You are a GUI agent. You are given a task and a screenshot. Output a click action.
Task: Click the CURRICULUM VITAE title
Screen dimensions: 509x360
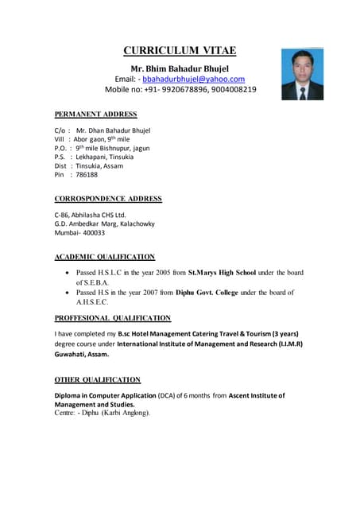click(180, 51)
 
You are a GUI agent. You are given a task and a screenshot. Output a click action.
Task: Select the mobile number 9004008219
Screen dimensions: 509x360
click(230, 90)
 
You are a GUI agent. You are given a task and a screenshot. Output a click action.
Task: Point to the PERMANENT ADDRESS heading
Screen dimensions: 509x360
click(95, 115)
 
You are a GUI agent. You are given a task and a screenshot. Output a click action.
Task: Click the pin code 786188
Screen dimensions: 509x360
click(87, 174)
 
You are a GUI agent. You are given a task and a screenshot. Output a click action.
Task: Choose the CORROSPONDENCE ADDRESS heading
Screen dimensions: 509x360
click(107, 199)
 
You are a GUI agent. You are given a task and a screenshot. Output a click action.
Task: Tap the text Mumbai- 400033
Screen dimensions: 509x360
click(79, 233)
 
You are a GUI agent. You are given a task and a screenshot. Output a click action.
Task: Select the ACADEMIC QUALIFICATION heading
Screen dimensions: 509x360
click(104, 257)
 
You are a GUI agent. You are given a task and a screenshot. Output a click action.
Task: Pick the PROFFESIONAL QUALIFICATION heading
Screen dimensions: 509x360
click(112, 317)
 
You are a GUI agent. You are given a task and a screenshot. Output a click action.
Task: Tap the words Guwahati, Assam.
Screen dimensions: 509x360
click(82, 355)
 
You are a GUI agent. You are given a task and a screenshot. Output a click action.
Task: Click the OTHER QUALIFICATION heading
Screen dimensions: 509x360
click(97, 380)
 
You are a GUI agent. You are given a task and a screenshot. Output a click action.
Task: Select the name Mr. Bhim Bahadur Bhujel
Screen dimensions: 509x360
click(180, 68)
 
